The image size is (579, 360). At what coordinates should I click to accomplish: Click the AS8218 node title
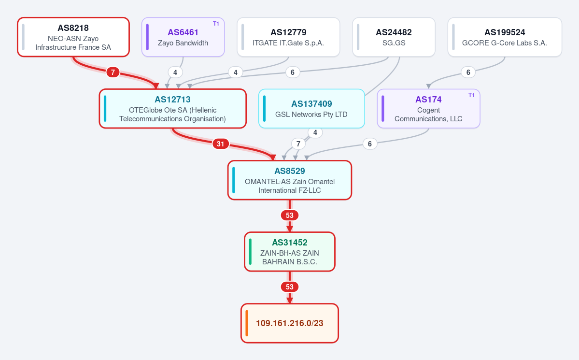point(73,28)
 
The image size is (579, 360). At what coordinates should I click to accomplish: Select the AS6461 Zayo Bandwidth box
point(183,37)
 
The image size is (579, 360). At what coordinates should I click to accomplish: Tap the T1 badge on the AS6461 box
point(216,24)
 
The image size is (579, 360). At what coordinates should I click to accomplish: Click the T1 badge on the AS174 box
point(471,95)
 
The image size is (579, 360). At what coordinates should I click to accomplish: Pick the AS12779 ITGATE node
point(288,37)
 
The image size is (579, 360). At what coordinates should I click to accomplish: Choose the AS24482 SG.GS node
point(394,37)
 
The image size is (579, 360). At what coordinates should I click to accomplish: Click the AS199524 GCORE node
point(505,37)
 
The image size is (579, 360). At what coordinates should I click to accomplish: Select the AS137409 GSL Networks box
point(311,109)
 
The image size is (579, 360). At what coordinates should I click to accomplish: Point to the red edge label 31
point(221,144)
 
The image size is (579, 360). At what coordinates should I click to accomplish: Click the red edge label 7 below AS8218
point(113,72)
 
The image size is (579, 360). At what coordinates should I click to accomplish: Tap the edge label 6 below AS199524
point(468,72)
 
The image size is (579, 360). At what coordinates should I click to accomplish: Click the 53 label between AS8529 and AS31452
point(290,215)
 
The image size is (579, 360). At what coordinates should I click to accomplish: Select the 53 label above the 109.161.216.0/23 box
point(290,287)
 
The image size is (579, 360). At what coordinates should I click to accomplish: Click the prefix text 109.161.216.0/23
point(290,323)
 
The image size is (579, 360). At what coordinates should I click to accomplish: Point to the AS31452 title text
point(290,243)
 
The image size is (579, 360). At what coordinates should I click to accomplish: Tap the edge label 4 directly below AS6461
point(175,72)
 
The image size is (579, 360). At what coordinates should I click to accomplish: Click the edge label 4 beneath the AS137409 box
point(315,132)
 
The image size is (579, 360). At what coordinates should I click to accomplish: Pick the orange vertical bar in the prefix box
point(247,323)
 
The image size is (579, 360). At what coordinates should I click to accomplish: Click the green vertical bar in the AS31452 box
point(250,252)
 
